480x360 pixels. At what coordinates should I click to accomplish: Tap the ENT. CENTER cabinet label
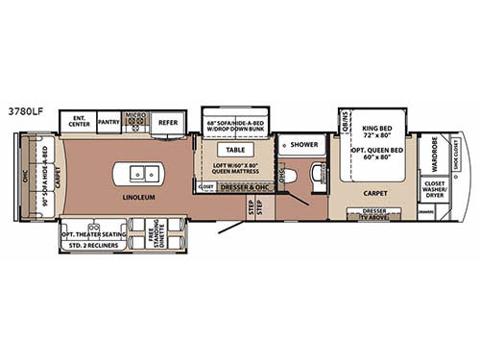point(78,122)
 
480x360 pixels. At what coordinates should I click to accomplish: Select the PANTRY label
point(108,123)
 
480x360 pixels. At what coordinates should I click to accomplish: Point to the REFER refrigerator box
point(168,123)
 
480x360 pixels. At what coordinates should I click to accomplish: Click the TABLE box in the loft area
point(235,150)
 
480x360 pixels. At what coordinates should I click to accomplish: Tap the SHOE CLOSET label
point(456,146)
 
